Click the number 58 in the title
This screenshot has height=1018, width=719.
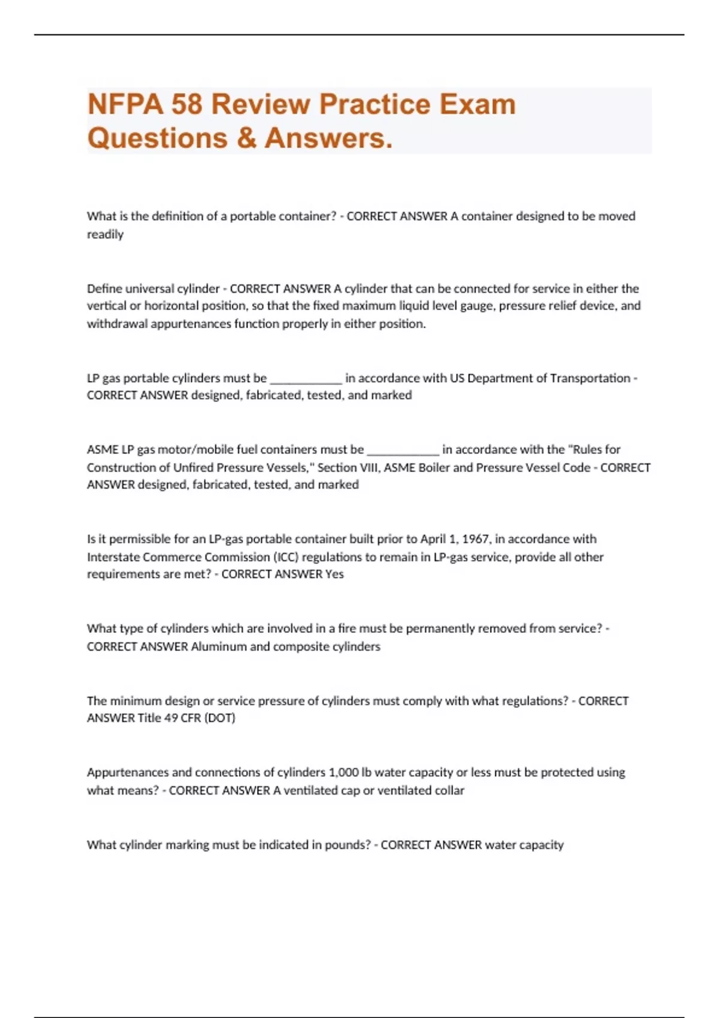point(186,104)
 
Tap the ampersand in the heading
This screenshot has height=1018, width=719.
point(246,138)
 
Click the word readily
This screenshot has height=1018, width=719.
point(105,234)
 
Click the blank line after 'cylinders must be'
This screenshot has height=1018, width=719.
point(306,379)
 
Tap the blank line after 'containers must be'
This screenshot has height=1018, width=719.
point(403,450)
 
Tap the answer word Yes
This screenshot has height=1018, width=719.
point(334,574)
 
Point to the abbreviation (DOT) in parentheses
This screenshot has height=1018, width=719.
point(220,717)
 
